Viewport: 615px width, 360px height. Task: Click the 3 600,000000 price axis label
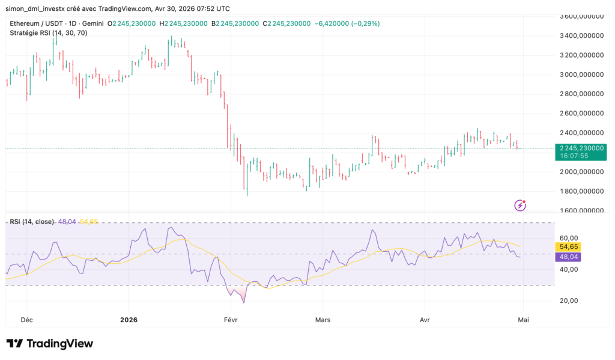click(x=581, y=16)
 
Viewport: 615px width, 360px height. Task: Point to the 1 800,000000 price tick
click(x=581, y=191)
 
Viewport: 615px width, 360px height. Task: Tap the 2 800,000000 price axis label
click(x=581, y=94)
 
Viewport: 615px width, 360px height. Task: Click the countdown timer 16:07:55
click(x=574, y=156)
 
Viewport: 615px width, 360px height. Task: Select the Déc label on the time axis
click(x=26, y=320)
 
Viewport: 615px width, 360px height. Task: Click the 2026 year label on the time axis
click(x=129, y=320)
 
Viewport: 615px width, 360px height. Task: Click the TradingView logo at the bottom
click(x=50, y=344)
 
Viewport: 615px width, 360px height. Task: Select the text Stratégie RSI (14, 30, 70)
click(x=49, y=32)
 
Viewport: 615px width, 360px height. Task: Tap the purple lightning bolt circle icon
click(x=521, y=206)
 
